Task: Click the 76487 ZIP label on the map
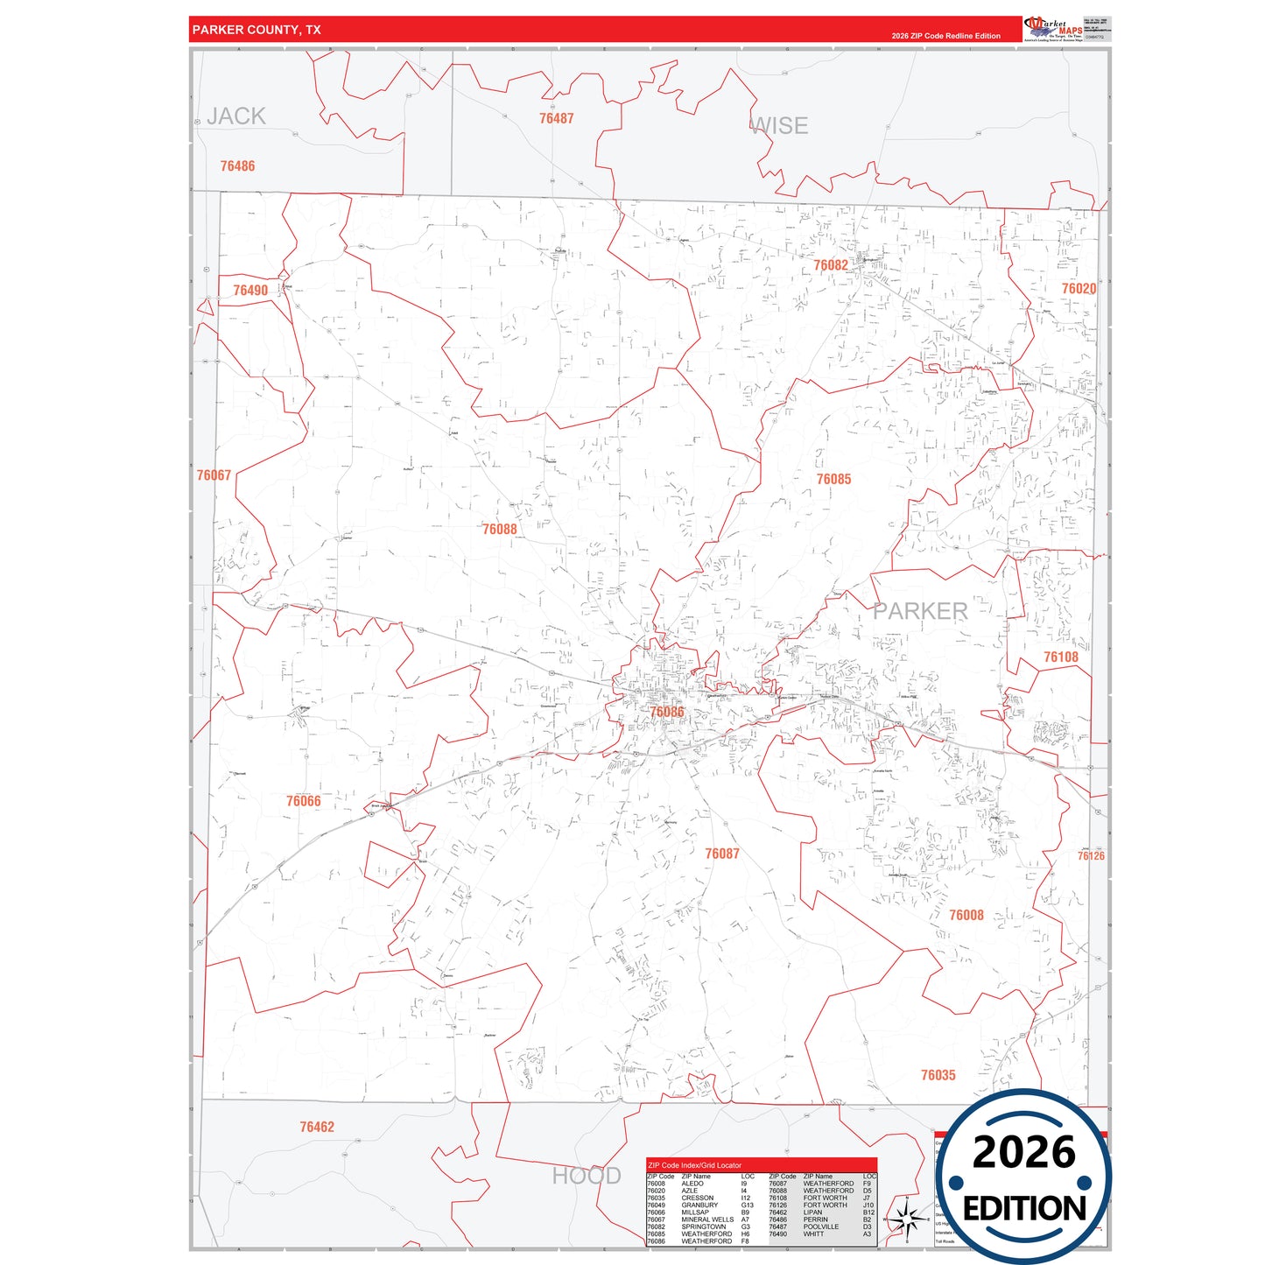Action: (x=556, y=118)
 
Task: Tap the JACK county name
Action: (x=236, y=116)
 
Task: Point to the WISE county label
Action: (x=779, y=126)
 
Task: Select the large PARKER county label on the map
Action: (x=920, y=611)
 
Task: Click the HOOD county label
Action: (x=586, y=1176)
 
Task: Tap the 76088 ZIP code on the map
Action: (x=499, y=529)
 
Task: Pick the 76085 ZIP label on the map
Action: (x=833, y=479)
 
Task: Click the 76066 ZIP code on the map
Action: (x=303, y=801)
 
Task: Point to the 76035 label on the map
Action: (x=938, y=1075)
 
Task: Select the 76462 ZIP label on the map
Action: (x=317, y=1127)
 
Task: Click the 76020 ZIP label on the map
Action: (x=1079, y=289)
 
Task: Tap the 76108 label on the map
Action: (x=1060, y=657)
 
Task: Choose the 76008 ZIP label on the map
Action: (x=966, y=915)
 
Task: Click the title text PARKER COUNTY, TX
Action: (x=257, y=30)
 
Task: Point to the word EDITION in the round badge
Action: (x=1024, y=1209)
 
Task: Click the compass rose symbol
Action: (x=907, y=1218)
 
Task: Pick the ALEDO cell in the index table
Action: (x=692, y=1184)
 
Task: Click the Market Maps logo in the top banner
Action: (x=1053, y=29)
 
